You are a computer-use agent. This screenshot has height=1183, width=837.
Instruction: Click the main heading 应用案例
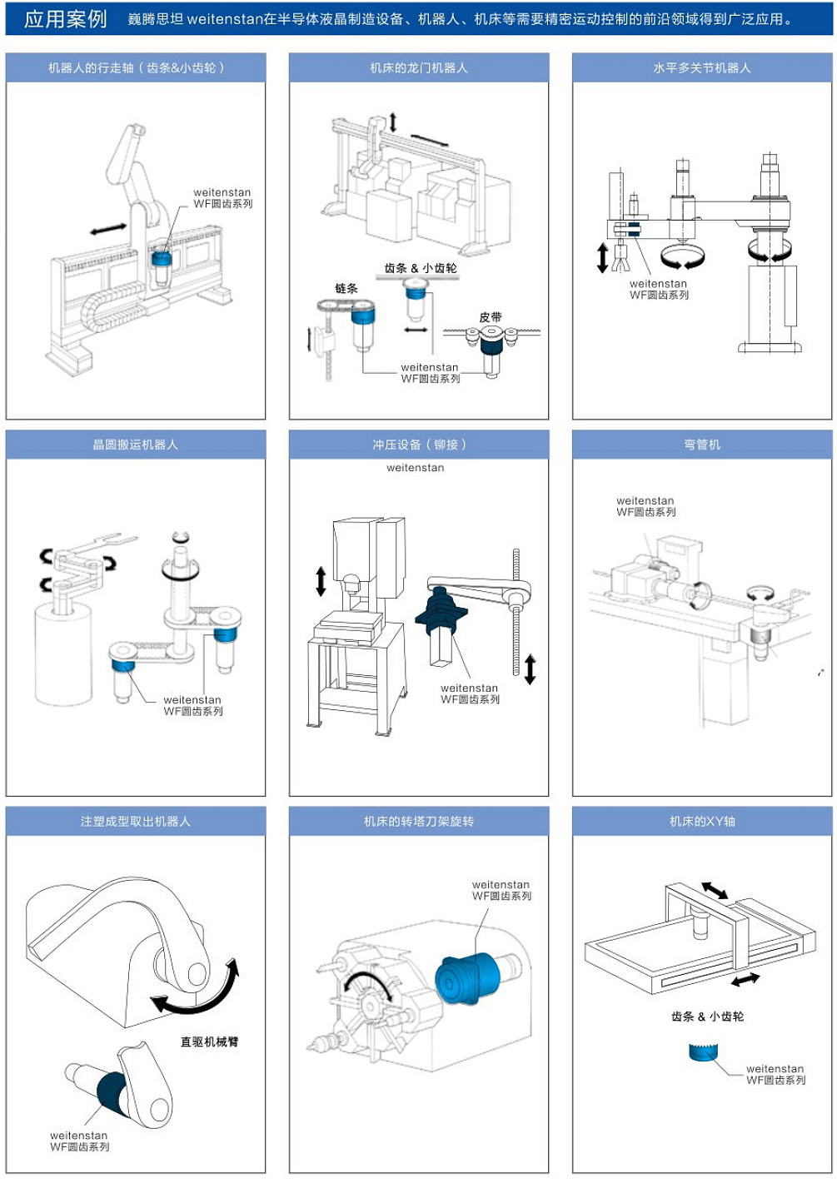point(65,18)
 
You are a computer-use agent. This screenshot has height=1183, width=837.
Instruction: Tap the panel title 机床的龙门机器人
point(418,67)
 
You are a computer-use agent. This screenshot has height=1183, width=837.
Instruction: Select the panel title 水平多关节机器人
point(701,67)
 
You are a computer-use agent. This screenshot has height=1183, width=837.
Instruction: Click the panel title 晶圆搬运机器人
point(135,445)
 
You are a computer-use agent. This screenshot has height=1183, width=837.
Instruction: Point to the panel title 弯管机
point(701,445)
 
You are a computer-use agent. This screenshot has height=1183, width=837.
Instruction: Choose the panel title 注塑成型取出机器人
point(135,822)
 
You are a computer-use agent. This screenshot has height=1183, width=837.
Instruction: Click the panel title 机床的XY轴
point(701,822)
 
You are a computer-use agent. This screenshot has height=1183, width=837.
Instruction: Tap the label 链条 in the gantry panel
point(346,288)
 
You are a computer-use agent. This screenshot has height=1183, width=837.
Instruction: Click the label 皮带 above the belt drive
point(491,317)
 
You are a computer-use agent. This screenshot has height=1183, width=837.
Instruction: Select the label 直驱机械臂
point(209,1041)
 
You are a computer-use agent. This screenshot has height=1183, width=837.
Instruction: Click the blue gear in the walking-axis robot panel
point(161,256)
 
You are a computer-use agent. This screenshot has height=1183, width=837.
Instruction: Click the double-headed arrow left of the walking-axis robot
point(108,228)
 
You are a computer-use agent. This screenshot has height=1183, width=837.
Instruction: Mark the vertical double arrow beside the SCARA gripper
point(603,257)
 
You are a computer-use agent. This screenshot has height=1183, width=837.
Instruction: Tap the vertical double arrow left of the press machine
point(321,580)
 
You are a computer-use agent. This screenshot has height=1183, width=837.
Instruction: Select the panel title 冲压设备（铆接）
point(418,445)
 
